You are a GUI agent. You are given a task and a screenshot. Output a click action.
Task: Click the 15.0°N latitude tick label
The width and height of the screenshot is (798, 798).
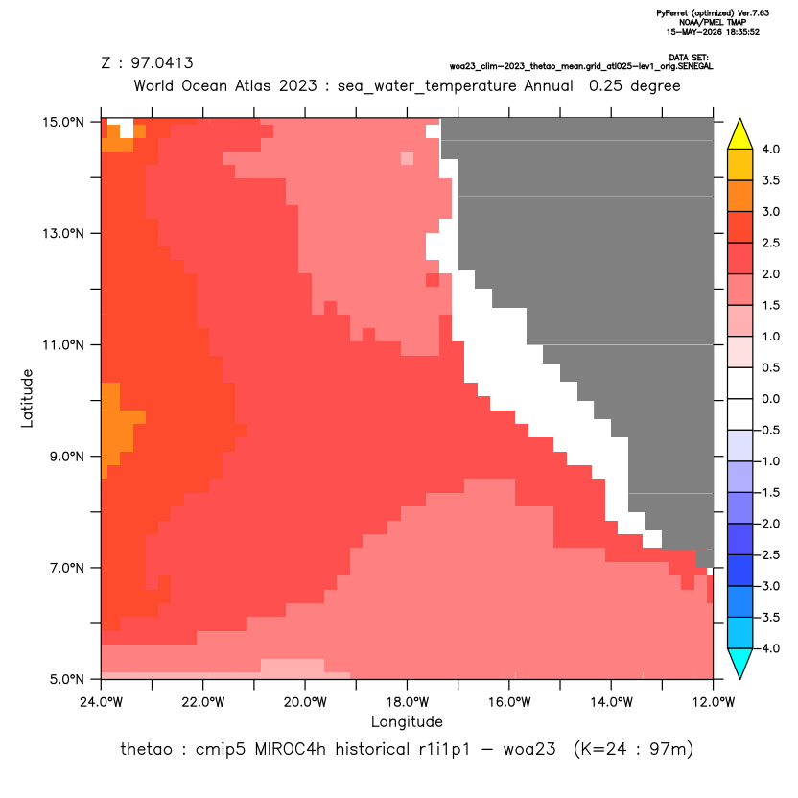(63, 122)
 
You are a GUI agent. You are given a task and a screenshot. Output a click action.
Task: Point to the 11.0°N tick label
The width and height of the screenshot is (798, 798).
(63, 345)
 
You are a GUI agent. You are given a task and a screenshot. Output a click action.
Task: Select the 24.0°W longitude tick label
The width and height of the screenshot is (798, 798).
(102, 702)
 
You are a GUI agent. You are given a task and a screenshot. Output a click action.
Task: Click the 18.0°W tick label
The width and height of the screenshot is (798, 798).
(407, 702)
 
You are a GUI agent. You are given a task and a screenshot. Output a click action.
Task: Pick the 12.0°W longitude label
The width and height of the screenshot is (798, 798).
(713, 702)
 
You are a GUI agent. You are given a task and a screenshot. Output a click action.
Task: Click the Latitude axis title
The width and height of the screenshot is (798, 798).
(27, 398)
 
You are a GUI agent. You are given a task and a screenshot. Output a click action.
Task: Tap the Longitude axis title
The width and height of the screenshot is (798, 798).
(407, 721)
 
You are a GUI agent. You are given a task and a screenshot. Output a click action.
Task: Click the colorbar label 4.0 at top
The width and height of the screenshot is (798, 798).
(770, 149)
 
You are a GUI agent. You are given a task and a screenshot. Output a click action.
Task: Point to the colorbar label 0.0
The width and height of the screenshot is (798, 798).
(770, 399)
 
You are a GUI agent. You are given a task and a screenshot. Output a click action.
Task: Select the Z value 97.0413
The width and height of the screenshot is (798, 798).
(162, 63)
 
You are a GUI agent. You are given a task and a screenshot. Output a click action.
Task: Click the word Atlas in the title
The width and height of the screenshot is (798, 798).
(252, 85)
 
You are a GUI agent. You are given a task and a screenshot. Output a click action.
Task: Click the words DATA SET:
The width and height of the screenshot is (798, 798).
(689, 58)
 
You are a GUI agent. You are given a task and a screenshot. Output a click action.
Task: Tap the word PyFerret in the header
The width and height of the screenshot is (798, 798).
(672, 13)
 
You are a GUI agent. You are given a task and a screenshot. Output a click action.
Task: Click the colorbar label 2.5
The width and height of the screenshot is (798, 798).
(770, 243)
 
